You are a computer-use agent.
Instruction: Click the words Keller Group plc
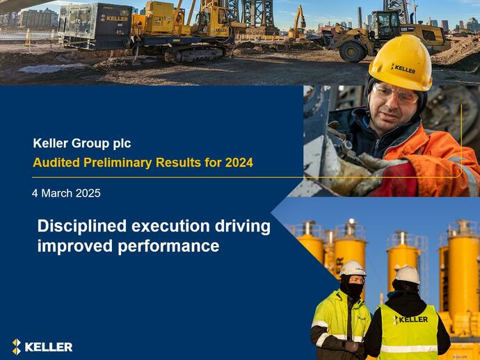[81, 144]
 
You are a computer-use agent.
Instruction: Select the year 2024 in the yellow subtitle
[239, 163]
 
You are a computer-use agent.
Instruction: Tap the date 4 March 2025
[66, 193]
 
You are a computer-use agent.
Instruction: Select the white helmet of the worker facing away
[407, 275]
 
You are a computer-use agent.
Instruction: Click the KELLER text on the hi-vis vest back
[410, 319]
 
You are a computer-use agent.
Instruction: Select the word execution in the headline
[171, 227]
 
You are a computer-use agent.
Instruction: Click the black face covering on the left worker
[353, 290]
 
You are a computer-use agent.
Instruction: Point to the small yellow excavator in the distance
[298, 22]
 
